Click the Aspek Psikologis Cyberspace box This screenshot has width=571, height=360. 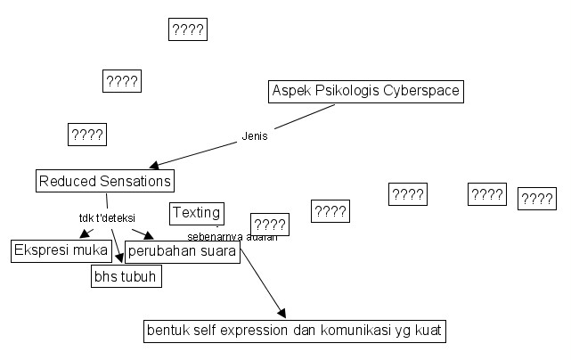click(x=366, y=92)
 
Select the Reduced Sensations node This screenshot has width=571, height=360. click(x=104, y=181)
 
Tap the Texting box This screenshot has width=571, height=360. click(x=196, y=213)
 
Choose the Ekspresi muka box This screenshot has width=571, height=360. click(x=61, y=250)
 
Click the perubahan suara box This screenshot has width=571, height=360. click(x=183, y=251)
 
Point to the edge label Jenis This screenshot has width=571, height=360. click(x=255, y=136)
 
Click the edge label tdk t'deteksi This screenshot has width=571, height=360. click(x=106, y=217)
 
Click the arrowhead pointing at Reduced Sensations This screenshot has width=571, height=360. click(x=154, y=165)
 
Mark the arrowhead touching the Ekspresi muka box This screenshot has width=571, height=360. click(x=83, y=235)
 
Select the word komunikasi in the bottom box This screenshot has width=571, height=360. click(x=350, y=331)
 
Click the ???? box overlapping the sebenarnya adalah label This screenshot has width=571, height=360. click(x=268, y=225)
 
